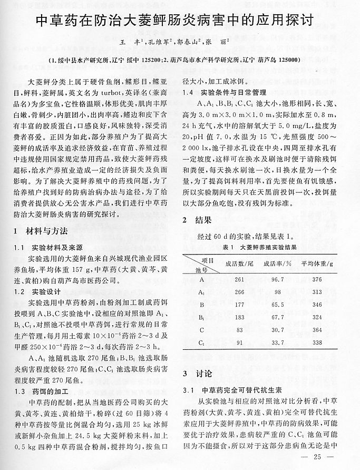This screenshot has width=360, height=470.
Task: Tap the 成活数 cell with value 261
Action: pyautogui.click(x=238, y=279)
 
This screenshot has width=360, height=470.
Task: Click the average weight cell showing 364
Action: pyautogui.click(x=316, y=330)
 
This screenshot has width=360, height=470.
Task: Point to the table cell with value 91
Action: pyautogui.click(x=238, y=343)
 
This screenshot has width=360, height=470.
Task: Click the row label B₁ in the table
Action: pyautogui.click(x=202, y=318)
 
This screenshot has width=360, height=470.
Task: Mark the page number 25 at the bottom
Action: pyautogui.click(x=317, y=457)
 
